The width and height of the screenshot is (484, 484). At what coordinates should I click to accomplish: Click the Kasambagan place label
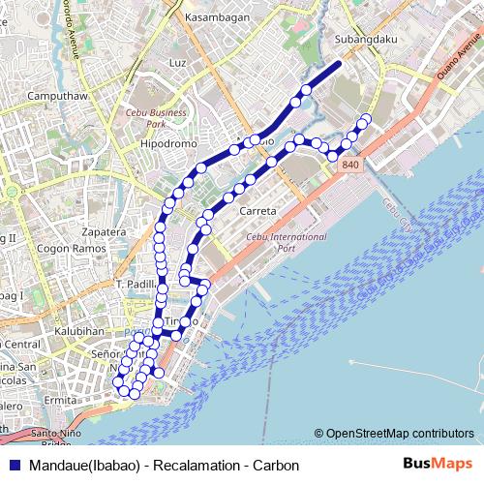coord(217,18)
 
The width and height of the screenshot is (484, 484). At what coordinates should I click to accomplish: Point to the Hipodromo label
coord(168,143)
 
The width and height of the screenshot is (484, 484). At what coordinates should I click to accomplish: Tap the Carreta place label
coord(257,211)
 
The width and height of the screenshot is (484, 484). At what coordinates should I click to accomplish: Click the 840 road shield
coord(350,166)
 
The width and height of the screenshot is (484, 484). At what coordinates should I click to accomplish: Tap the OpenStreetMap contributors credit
coord(399,433)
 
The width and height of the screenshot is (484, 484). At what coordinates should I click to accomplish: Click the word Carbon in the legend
coord(276,465)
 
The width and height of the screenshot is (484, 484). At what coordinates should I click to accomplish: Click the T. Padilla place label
coord(135,285)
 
